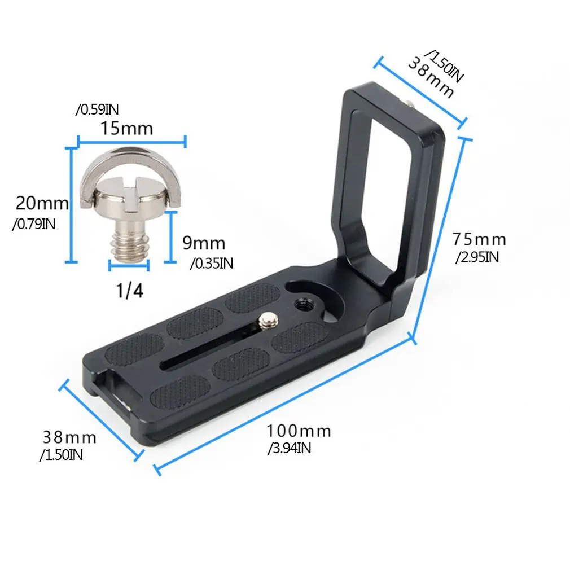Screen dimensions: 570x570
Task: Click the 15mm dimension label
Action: [126, 128]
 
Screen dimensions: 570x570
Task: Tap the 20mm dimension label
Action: [41, 203]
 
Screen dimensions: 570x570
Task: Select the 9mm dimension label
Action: [203, 244]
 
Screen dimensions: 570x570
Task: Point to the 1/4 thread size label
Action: [130, 291]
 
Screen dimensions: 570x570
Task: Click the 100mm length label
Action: [299, 432]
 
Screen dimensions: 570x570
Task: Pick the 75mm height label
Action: [479, 240]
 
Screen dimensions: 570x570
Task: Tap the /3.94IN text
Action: [290, 449]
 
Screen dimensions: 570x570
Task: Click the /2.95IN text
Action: [477, 257]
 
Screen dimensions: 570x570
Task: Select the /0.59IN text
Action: [97, 109]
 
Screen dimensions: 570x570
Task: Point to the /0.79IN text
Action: [33, 224]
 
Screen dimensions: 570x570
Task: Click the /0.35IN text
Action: [211, 262]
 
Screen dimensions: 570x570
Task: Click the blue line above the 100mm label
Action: [282, 404]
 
